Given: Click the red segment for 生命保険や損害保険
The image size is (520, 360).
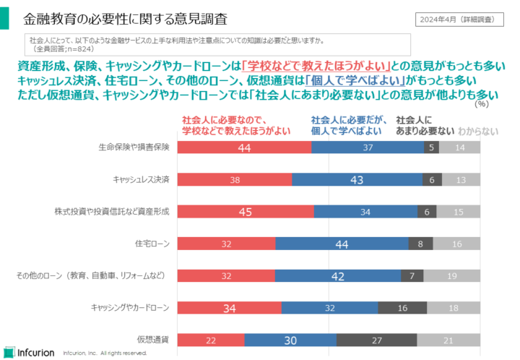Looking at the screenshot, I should [x=244, y=147].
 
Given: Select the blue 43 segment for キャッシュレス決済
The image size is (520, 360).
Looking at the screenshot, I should [x=357, y=179].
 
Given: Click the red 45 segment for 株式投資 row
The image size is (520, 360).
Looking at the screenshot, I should [x=246, y=212].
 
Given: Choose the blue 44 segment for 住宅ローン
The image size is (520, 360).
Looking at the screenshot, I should [x=342, y=244].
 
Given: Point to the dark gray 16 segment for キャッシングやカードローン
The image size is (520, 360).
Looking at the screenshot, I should [x=402, y=309].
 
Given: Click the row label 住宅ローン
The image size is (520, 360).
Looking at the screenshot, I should [x=152, y=244].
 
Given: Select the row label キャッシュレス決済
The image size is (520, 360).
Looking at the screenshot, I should [x=141, y=179].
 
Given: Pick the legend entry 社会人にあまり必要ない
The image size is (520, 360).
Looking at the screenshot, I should [x=425, y=126].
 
